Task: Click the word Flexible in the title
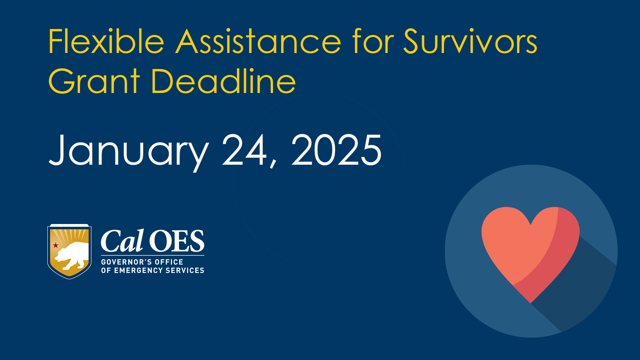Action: tap(106, 41)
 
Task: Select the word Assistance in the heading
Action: tap(259, 41)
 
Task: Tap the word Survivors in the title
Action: tap(470, 41)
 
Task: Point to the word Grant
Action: tap(94, 81)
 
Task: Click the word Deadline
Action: tap(224, 81)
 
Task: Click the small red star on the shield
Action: tap(56, 245)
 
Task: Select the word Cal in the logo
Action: tap(122, 240)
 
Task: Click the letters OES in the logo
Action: tap(177, 241)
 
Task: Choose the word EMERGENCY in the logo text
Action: tap(138, 270)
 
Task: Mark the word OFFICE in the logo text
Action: tap(169, 262)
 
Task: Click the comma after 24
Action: tap(273, 163)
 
